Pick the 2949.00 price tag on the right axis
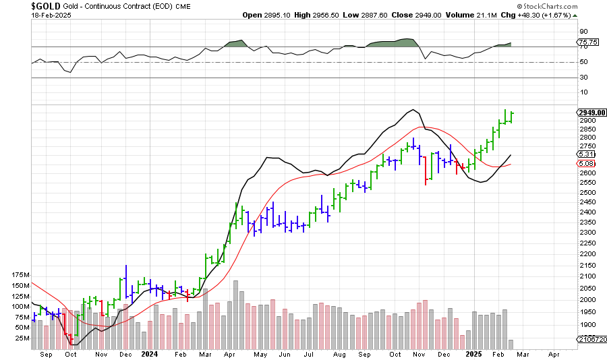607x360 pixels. point(591,113)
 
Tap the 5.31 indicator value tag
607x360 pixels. point(585,154)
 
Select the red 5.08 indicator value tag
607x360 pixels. point(585,163)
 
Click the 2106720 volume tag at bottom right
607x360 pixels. point(591,339)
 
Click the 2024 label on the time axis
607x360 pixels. point(149,353)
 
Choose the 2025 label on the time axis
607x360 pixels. point(473,353)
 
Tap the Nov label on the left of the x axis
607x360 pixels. point(100,353)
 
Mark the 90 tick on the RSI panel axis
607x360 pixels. point(583,31)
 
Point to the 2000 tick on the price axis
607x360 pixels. point(587,299)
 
